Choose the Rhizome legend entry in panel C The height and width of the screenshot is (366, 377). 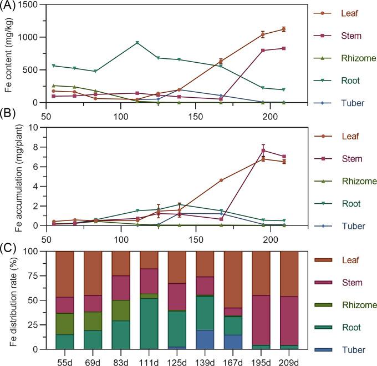pyautogui.click(x=353, y=305)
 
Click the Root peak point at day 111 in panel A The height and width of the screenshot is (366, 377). pyautogui.click(x=137, y=43)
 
